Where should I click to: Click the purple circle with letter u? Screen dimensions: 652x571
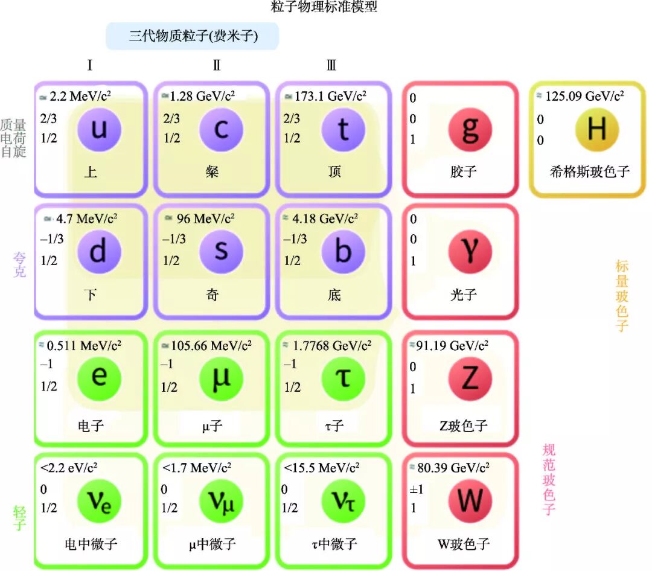(100, 129)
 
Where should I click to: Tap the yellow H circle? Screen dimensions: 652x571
(596, 129)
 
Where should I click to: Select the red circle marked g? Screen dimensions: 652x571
(470, 129)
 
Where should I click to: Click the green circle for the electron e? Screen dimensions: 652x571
(100, 378)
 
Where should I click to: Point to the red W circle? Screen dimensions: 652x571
(470, 500)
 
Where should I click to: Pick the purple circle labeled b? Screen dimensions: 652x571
(343, 252)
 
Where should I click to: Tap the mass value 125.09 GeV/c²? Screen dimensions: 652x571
(584, 96)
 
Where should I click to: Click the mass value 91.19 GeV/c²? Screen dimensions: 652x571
(452, 345)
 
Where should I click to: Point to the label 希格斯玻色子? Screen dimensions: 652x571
(590, 171)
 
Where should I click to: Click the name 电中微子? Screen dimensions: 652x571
(91, 544)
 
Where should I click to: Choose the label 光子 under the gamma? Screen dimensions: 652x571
(464, 295)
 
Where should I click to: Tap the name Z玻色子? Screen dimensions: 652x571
(464, 426)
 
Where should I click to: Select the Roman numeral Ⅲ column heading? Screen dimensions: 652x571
(331, 65)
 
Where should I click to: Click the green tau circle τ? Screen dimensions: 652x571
(343, 378)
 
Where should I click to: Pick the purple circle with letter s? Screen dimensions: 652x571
(221, 252)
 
